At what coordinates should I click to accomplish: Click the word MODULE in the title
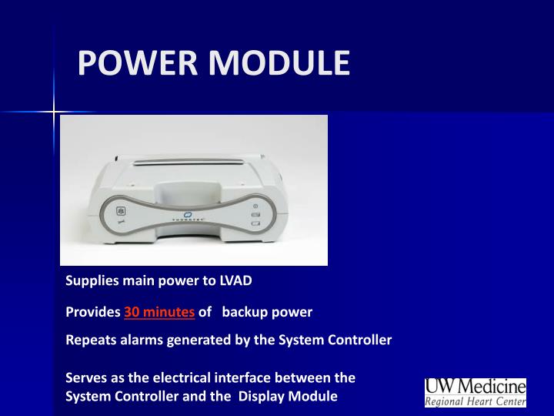point(277,63)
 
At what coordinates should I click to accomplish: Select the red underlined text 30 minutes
point(159,312)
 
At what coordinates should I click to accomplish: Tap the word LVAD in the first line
point(236,280)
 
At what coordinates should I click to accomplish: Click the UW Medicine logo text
point(476,386)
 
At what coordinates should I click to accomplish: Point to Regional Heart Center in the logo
point(476,401)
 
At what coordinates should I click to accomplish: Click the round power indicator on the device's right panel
point(255,206)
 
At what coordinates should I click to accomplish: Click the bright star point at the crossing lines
point(54,112)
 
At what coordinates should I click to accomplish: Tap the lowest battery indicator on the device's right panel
point(255,224)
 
